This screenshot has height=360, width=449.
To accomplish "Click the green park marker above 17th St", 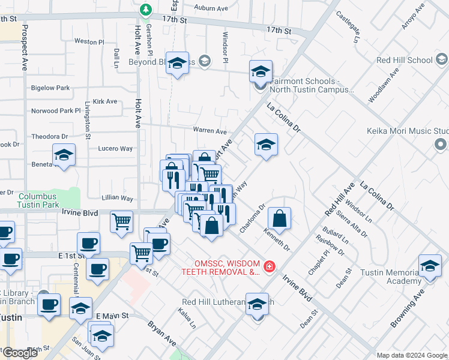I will [x=145, y=10].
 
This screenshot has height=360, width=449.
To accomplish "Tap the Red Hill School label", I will [x=403, y=60].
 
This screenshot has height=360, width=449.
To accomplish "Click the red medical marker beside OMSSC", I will [x=270, y=265].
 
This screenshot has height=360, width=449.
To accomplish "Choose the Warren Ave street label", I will [x=209, y=131].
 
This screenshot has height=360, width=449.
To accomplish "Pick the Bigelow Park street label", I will [x=50, y=88].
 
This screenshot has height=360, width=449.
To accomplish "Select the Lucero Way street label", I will [x=115, y=148].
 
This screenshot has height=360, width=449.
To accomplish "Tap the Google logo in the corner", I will [x=20, y=353].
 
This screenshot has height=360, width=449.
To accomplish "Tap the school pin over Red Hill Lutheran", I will [x=258, y=305].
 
